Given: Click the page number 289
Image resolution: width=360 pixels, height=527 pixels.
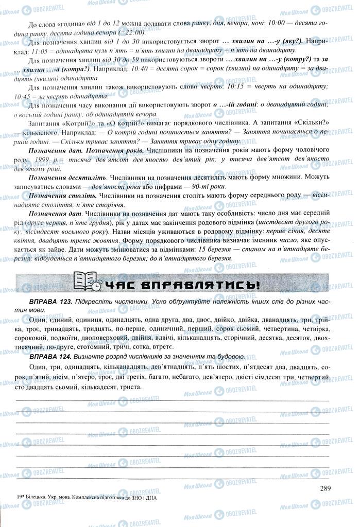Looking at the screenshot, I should click(x=324, y=489).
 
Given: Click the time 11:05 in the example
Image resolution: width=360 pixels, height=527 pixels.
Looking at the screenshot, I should click(x=40, y=51).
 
